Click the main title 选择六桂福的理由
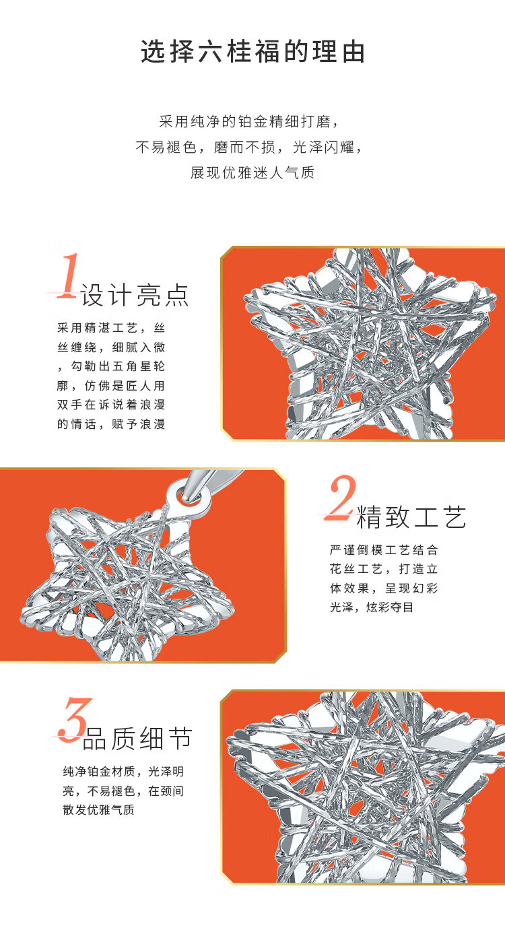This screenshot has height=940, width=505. [x=252, y=52]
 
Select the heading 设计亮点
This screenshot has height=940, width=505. [x=135, y=295]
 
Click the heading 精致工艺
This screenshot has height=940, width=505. [x=411, y=516]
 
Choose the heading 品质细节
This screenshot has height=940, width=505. [x=137, y=739]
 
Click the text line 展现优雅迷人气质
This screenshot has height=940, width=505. [x=252, y=172]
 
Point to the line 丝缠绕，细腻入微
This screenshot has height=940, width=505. [x=111, y=347]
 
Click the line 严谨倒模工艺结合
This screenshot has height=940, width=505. [x=384, y=549]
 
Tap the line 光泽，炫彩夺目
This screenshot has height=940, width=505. [x=372, y=607]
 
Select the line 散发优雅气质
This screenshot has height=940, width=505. [x=99, y=809]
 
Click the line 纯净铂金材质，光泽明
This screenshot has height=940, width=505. [x=123, y=771]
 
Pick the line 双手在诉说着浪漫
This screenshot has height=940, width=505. [x=111, y=405]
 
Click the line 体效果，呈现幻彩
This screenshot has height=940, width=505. [x=384, y=589]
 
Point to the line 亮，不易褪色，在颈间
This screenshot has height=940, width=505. [x=123, y=791]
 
